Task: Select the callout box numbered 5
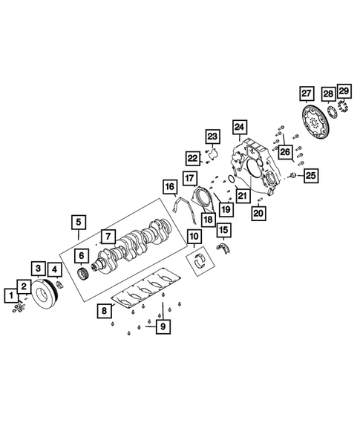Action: [x=77, y=221]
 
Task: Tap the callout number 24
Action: [x=238, y=127]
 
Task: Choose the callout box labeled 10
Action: [x=193, y=237]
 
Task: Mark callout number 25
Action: [x=311, y=175]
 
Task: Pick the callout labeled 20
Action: [x=258, y=213]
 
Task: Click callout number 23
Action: [x=214, y=137]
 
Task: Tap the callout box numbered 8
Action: [x=105, y=312]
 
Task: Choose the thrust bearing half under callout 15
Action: [x=223, y=248]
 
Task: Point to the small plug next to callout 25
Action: [x=293, y=176]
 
